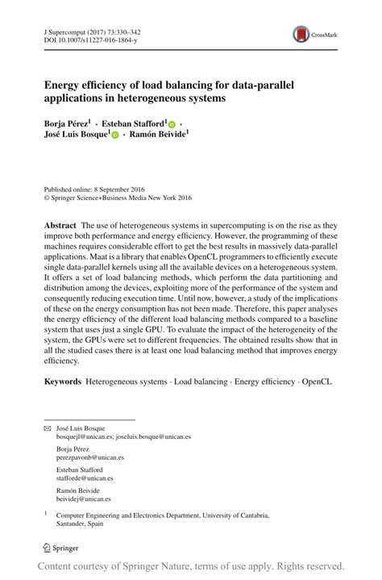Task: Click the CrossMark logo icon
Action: pyautogui.click(x=301, y=34)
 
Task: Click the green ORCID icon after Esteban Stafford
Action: pyautogui.click(x=172, y=125)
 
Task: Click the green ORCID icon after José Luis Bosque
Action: pyautogui.click(x=114, y=136)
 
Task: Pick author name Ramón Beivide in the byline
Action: pyautogui.click(x=158, y=136)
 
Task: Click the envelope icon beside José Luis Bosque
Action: pyautogui.click(x=48, y=428)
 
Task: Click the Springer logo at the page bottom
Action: pyautogui.click(x=61, y=548)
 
